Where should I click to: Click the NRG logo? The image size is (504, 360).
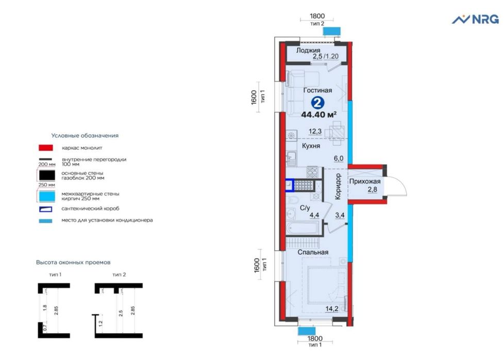pyautogui.click(x=475, y=19)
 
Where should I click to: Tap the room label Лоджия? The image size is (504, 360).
pyautogui.click(x=308, y=50)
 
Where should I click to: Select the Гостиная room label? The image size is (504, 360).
pyautogui.click(x=317, y=90)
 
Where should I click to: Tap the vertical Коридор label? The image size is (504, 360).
pyautogui.click(x=338, y=186)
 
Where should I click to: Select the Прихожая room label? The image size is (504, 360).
pyautogui.click(x=364, y=181)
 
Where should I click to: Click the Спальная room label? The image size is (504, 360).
pyautogui.click(x=313, y=252)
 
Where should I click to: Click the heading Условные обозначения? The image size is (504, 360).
pyautogui.click(x=85, y=135)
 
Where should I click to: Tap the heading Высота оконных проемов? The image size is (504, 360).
pyautogui.click(x=73, y=262)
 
